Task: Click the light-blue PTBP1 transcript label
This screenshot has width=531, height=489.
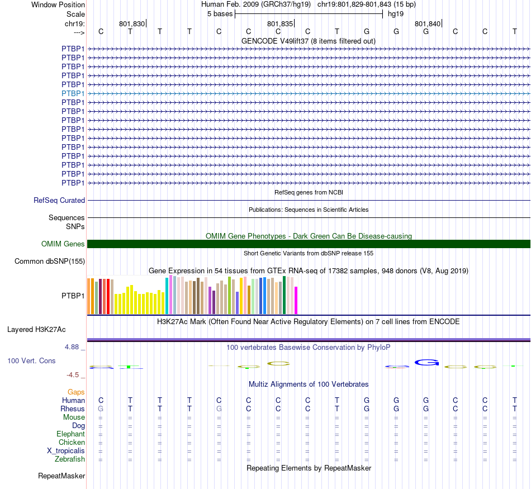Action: click(73, 93)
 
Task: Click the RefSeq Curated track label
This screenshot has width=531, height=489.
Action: click(59, 200)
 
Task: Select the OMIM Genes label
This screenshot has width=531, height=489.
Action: click(63, 244)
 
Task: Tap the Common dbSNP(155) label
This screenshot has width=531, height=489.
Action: click(50, 261)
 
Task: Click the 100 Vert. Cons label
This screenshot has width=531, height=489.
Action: click(31, 360)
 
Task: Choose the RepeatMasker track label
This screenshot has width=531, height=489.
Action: click(61, 476)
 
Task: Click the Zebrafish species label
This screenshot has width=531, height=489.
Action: click(70, 459)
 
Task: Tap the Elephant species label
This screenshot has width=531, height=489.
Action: click(70, 434)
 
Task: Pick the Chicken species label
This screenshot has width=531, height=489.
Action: click(72, 443)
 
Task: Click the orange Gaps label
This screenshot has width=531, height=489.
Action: click(76, 392)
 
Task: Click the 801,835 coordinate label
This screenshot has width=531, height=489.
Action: click(280, 24)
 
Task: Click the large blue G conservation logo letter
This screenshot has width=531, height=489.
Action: click(426, 363)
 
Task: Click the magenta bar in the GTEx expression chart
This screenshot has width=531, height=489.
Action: click(296, 300)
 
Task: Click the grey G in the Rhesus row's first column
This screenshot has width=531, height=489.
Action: click(101, 409)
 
